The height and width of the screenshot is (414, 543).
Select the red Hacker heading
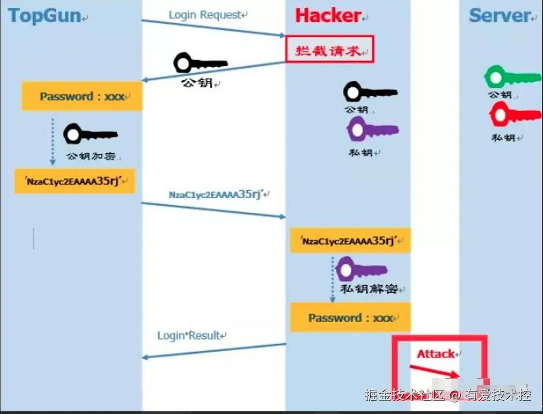click(328, 16)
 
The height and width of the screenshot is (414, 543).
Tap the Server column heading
click(500, 16)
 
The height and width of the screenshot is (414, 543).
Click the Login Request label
click(206, 15)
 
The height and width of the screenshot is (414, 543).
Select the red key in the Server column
click(512, 114)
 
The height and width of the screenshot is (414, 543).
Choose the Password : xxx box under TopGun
click(82, 97)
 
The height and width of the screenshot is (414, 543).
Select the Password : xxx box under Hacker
click(350, 317)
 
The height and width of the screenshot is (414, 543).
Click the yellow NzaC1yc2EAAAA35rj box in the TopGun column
click(75, 181)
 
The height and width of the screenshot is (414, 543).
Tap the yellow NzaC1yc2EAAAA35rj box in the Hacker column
click(350, 241)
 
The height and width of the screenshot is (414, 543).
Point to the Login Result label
click(189, 336)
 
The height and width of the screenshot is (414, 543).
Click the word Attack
click(436, 354)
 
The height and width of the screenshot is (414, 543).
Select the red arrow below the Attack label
click(435, 371)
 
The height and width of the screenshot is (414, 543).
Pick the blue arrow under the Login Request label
click(213, 28)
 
